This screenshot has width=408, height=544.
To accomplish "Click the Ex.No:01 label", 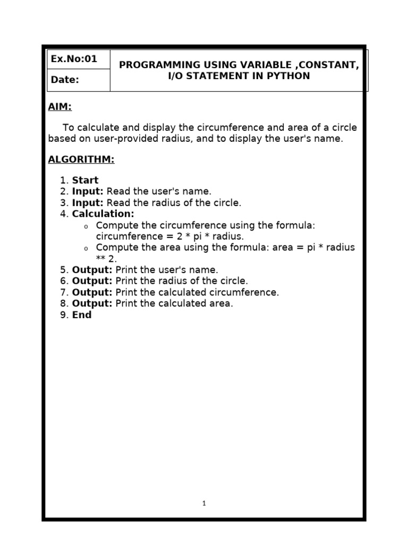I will click(74, 59).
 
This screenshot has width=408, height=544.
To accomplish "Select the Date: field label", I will click(65, 80).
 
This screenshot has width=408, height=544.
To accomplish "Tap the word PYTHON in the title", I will click(287, 76).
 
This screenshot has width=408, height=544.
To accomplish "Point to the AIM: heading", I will click(59, 107).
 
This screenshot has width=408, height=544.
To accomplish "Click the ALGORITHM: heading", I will click(81, 159).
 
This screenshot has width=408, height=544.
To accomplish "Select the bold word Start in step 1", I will click(85, 180).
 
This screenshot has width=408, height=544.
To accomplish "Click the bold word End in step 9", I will click(82, 314).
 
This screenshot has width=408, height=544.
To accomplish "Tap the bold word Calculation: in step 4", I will click(103, 214).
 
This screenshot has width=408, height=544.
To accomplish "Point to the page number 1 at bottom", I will click(204, 503).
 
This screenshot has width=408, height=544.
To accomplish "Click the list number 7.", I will click(63, 292).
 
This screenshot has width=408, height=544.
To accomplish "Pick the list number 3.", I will click(63, 202).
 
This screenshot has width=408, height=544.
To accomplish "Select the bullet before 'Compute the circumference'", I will click(85, 227).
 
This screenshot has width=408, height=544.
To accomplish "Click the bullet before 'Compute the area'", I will click(85, 249).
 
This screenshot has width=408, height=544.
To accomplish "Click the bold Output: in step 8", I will click(92, 303).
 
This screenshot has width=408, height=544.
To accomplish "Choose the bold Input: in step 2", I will click(88, 191).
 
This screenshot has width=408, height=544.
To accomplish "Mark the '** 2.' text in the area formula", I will click(106, 259).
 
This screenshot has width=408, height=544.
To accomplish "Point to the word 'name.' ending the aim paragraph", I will click(330, 139).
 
